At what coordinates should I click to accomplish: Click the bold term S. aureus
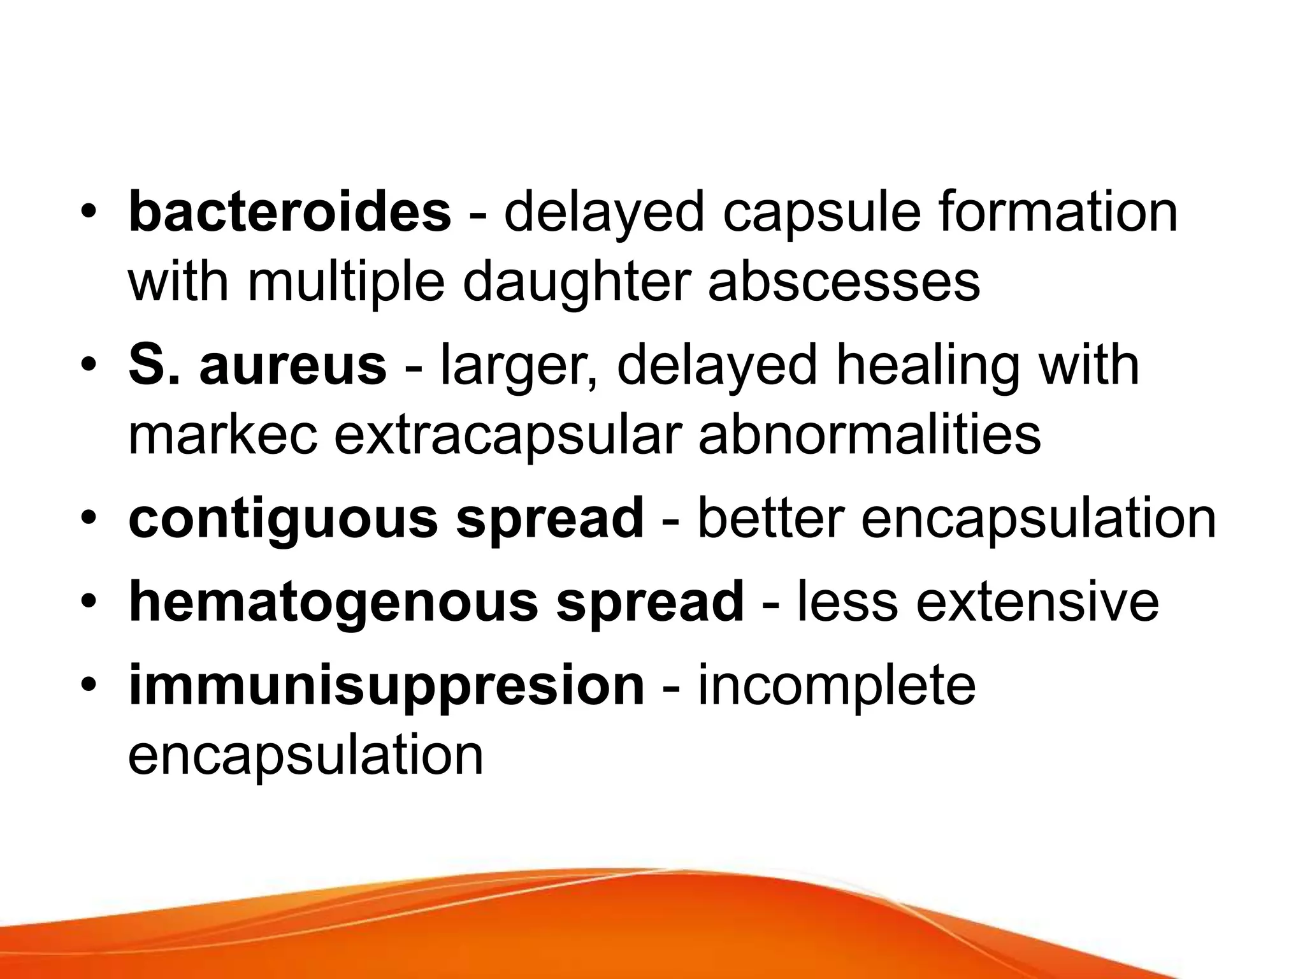tap(257, 366)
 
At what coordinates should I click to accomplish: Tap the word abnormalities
tap(869, 436)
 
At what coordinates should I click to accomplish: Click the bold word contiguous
tap(283, 519)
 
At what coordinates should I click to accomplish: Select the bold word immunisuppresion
tap(386, 686)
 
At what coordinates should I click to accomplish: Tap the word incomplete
tap(837, 686)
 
